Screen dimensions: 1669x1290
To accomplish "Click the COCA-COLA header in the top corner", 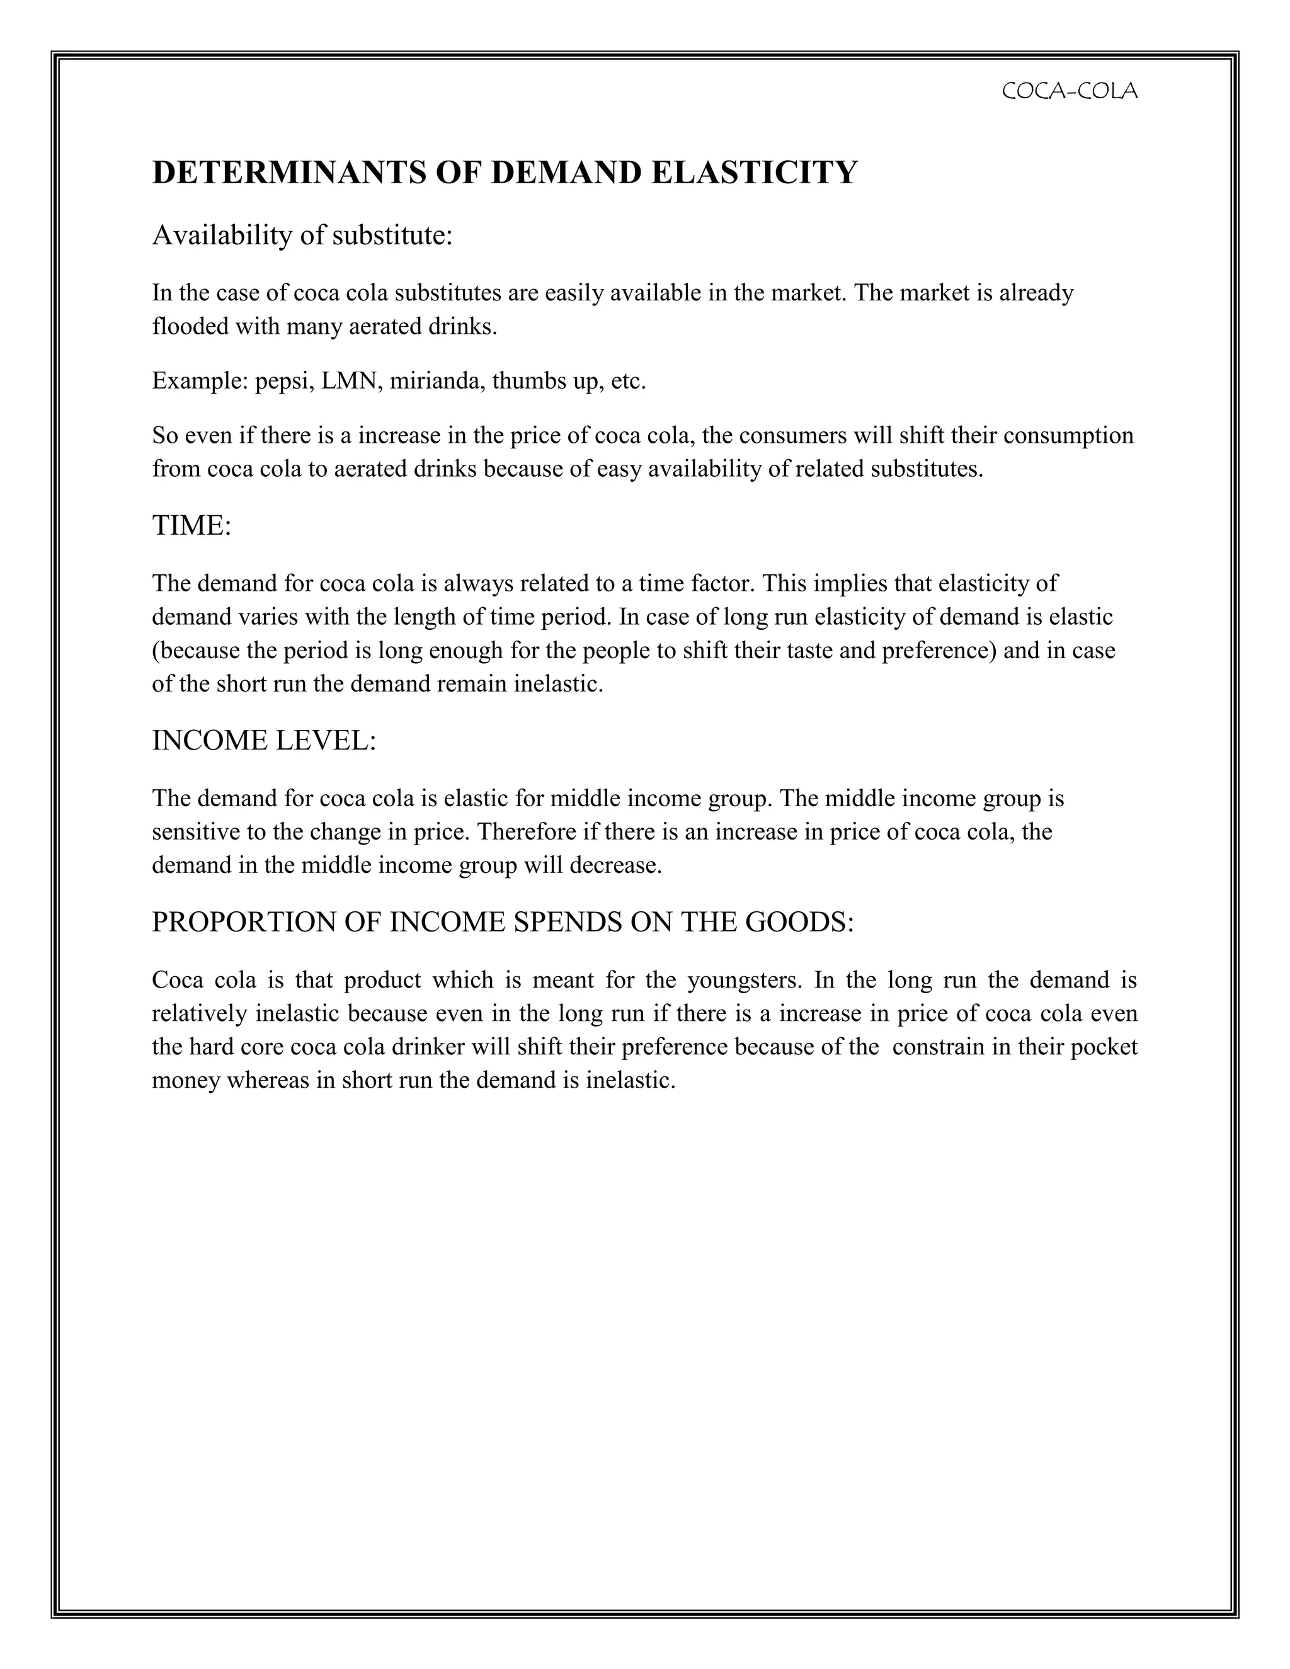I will [1068, 92].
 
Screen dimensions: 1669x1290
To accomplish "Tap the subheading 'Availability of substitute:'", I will [302, 236].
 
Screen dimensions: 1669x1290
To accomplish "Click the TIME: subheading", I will [191, 526].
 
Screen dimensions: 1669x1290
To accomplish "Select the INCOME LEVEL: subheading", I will [264, 741].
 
